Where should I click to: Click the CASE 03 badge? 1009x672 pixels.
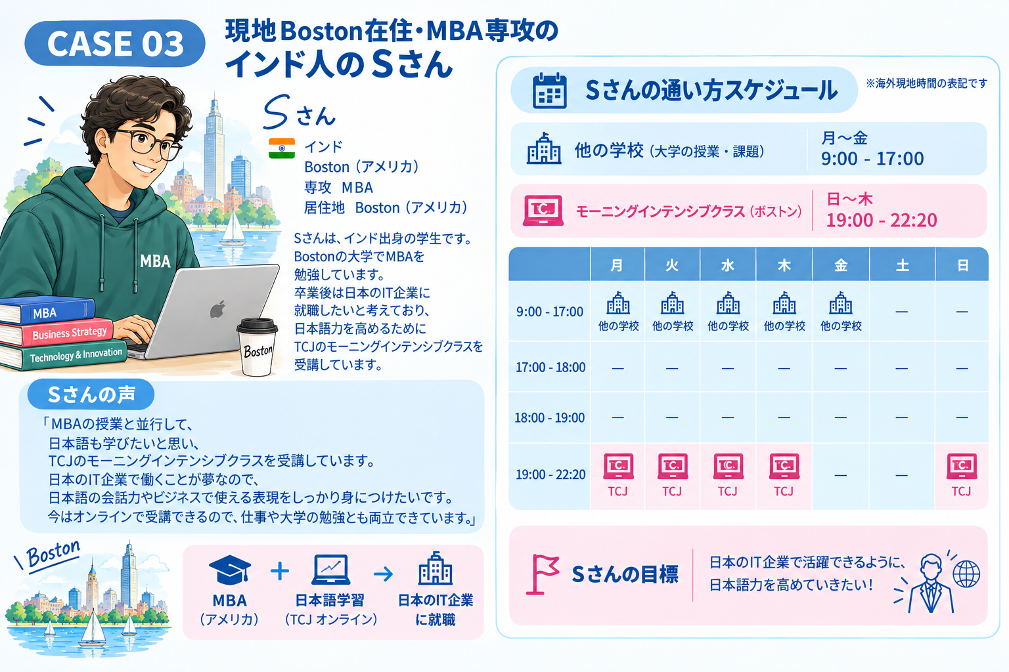tap(115, 43)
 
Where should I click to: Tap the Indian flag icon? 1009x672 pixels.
tap(282, 148)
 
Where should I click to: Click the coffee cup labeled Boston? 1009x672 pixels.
tap(257, 346)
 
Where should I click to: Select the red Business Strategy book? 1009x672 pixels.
tap(56, 333)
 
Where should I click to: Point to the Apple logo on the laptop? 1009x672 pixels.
tap(217, 310)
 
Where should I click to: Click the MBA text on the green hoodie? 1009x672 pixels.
tap(155, 261)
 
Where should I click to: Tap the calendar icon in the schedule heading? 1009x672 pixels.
tap(549, 91)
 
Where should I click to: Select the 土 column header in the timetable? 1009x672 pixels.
tap(902, 265)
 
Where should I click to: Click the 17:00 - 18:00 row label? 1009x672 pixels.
tap(550, 367)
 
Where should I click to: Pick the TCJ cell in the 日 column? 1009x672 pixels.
tap(962, 476)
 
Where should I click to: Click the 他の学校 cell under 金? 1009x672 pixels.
tap(841, 311)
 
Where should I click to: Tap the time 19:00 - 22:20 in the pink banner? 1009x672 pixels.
tap(881, 220)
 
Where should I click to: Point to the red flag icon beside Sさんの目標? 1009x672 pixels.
tap(542, 574)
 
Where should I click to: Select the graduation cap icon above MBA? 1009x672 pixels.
tap(230, 570)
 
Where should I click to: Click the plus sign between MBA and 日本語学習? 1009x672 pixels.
tap(280, 572)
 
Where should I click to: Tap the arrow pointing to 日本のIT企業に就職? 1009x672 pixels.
tap(384, 574)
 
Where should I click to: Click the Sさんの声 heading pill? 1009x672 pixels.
tap(91, 395)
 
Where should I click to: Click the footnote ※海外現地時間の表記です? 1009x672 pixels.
tap(926, 83)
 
